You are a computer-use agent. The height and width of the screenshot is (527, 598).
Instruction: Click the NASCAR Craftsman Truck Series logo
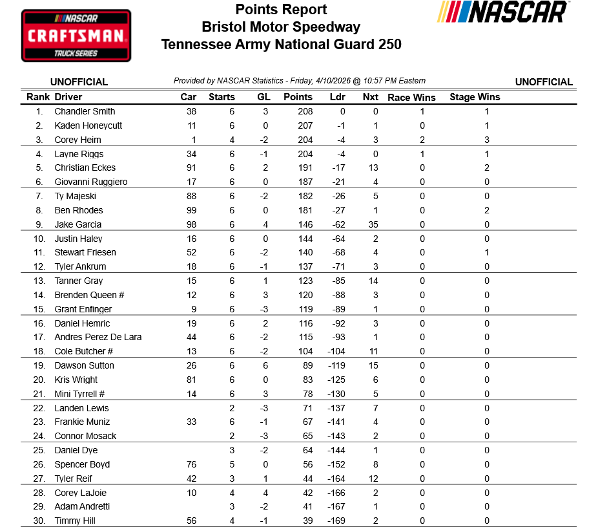pos(76,36)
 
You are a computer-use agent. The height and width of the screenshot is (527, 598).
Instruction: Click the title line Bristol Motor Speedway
pos(281,27)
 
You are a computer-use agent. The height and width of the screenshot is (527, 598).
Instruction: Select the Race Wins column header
pos(411,98)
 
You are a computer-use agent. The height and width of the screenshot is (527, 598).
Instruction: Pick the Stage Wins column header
pos(475,97)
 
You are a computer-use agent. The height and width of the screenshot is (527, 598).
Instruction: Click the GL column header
pos(263,97)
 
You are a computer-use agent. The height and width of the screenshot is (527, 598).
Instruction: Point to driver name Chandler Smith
pos(85,111)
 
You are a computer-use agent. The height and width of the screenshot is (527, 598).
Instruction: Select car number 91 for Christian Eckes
pos(191,167)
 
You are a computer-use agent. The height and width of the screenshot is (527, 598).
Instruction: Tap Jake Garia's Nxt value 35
pos(373,224)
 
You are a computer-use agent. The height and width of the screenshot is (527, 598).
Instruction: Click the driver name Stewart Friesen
pos(85,252)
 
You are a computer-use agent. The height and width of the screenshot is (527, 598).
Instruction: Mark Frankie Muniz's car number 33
pos(191,422)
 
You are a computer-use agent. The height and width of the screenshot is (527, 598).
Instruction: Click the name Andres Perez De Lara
pos(98,337)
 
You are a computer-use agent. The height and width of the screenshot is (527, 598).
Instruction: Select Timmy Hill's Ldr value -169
pos(336,521)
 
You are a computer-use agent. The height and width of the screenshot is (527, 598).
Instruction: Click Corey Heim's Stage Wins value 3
pos(487,140)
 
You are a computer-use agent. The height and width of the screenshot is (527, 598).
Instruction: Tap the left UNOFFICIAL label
pos(79,82)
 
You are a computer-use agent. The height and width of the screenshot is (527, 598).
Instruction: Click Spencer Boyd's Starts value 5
pos(232,464)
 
